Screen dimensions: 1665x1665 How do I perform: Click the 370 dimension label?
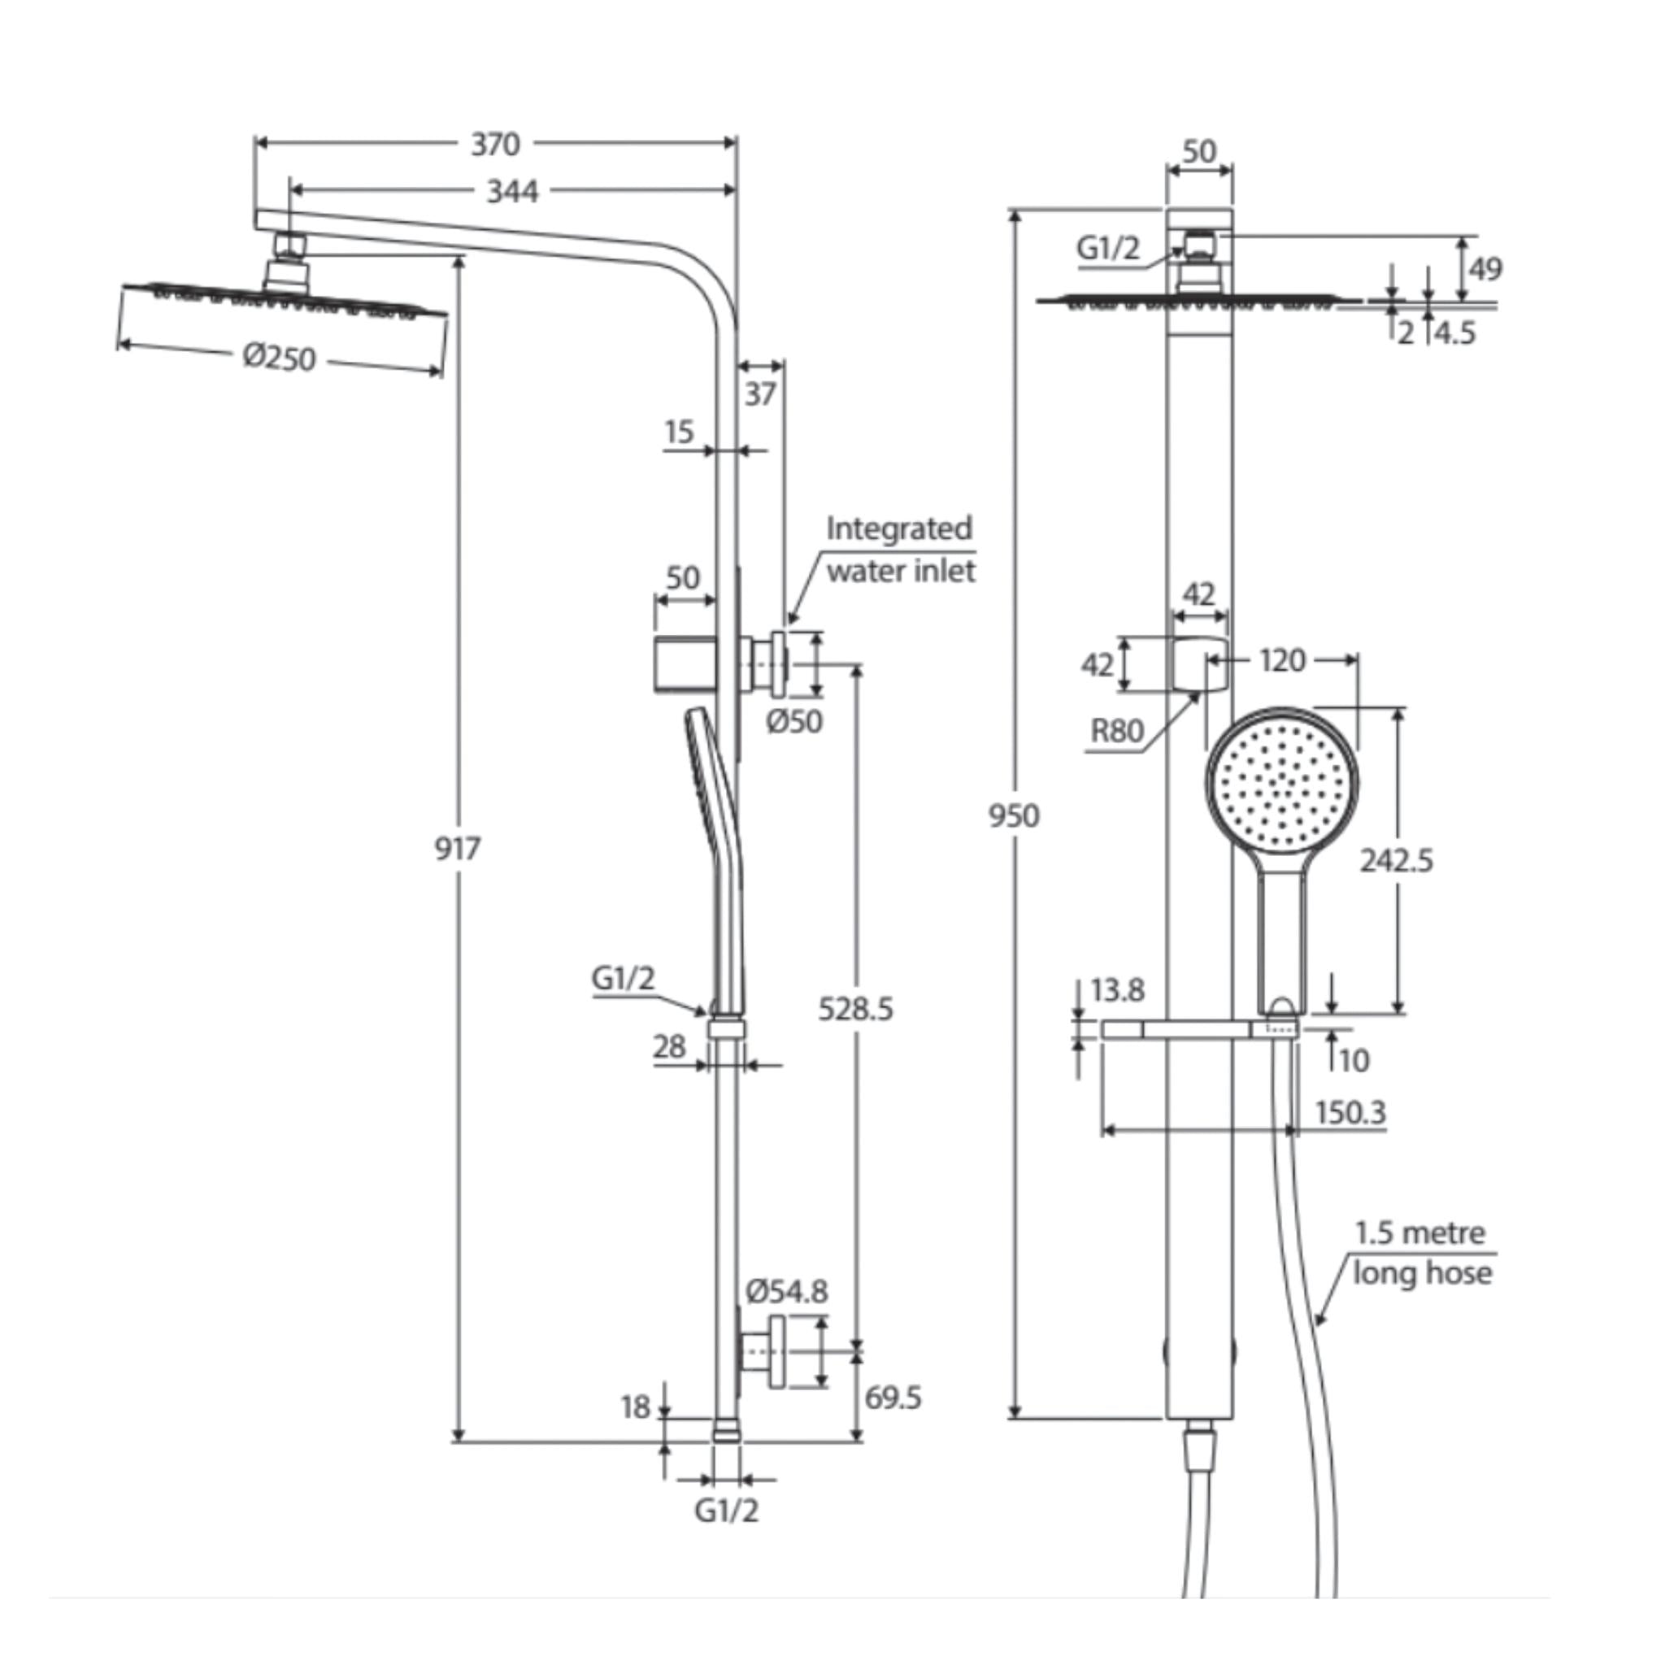[496, 144]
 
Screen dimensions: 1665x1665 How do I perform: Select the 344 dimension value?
[512, 191]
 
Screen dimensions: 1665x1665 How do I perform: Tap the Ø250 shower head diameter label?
[279, 357]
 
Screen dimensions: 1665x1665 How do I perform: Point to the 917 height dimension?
[457, 849]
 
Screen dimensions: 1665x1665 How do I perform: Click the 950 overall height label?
[1014, 815]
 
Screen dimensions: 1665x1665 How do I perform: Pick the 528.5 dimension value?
[855, 1008]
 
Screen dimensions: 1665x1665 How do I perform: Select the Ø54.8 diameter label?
[786, 1290]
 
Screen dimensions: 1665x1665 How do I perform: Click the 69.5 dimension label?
[893, 1397]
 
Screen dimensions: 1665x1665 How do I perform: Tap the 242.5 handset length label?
[1396, 860]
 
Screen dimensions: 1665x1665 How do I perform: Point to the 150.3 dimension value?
[1350, 1113]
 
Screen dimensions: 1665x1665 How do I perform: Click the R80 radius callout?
[1117, 731]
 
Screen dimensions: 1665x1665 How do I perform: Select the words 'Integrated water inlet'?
[900, 550]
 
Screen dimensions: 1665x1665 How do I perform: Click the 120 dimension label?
[1281, 661]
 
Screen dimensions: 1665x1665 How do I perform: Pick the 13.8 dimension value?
[1117, 990]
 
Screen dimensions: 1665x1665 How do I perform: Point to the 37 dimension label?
[760, 393]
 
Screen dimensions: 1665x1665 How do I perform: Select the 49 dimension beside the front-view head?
[1485, 269]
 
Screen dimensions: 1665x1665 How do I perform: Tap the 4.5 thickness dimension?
[1454, 333]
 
